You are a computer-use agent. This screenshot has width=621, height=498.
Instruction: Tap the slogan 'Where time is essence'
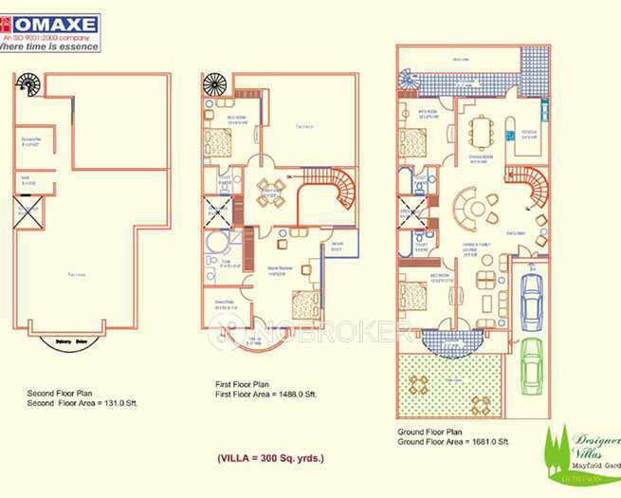(49, 45)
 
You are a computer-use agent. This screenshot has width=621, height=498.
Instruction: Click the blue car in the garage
(531, 291)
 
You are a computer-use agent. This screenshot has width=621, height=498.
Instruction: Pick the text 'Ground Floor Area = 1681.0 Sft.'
(454, 441)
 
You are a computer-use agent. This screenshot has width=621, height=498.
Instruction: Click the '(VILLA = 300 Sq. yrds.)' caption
(270, 458)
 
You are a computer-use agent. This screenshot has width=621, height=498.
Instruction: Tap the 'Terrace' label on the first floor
(303, 125)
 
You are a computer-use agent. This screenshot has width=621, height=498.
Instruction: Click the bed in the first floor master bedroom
(303, 304)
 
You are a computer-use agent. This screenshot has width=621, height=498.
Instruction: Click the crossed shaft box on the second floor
(25, 210)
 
